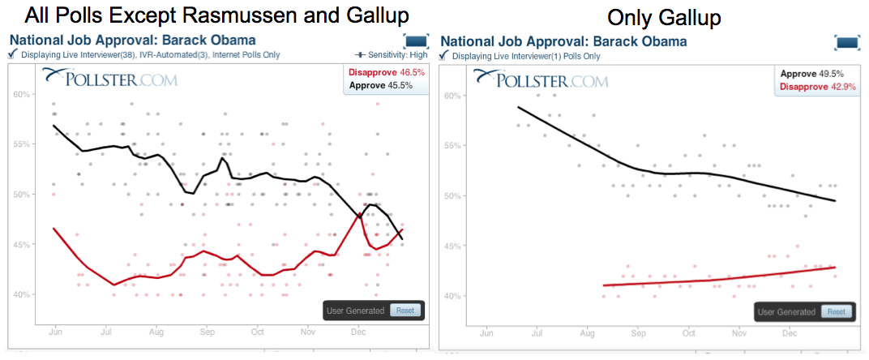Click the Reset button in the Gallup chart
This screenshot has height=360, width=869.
point(836,311)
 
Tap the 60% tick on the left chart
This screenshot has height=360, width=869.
point(21,94)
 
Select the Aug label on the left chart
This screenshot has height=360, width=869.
point(157,332)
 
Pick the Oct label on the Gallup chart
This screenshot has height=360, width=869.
point(689,332)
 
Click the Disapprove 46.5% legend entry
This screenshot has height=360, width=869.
point(376,72)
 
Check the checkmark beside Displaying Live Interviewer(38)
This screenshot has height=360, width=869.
point(12,54)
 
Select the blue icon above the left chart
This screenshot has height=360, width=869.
point(416,41)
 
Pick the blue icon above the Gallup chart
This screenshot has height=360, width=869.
point(847,42)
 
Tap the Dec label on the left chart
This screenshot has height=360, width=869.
point(357,332)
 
